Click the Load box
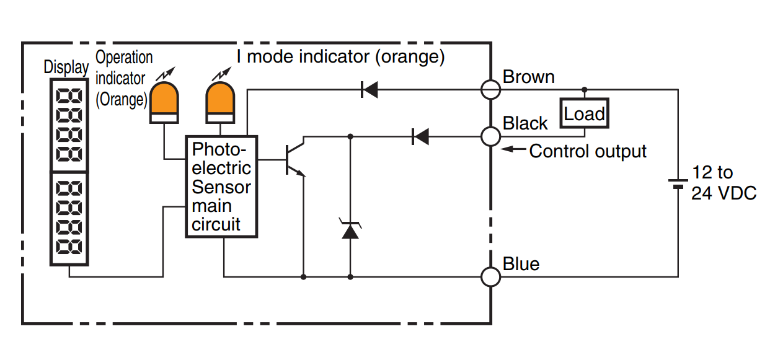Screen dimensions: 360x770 pyautogui.click(x=584, y=113)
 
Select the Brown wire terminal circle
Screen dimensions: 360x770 pyautogui.click(x=491, y=90)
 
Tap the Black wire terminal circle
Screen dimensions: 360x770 pyautogui.click(x=490, y=136)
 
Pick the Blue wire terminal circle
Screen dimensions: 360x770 pyautogui.click(x=490, y=276)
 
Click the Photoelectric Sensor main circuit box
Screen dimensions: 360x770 pyautogui.click(x=221, y=187)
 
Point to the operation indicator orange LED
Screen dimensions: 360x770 pyautogui.click(x=164, y=102)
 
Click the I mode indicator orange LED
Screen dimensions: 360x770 pyautogui.click(x=220, y=102)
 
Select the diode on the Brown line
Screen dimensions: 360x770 pyautogui.click(x=370, y=90)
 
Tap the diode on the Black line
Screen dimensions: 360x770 pyautogui.click(x=420, y=136)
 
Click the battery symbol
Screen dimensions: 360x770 pyautogui.click(x=678, y=183)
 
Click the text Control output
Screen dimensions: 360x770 pyautogui.click(x=588, y=151)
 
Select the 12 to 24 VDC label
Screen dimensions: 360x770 pyautogui.click(x=723, y=183)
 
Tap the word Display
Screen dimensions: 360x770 pyautogui.click(x=66, y=67)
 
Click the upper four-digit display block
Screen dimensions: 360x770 pyautogui.click(x=68, y=124)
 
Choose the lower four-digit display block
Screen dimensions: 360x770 pyautogui.click(x=68, y=219)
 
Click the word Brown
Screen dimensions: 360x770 pyautogui.click(x=528, y=77)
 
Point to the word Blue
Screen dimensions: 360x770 pyautogui.click(x=521, y=264)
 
